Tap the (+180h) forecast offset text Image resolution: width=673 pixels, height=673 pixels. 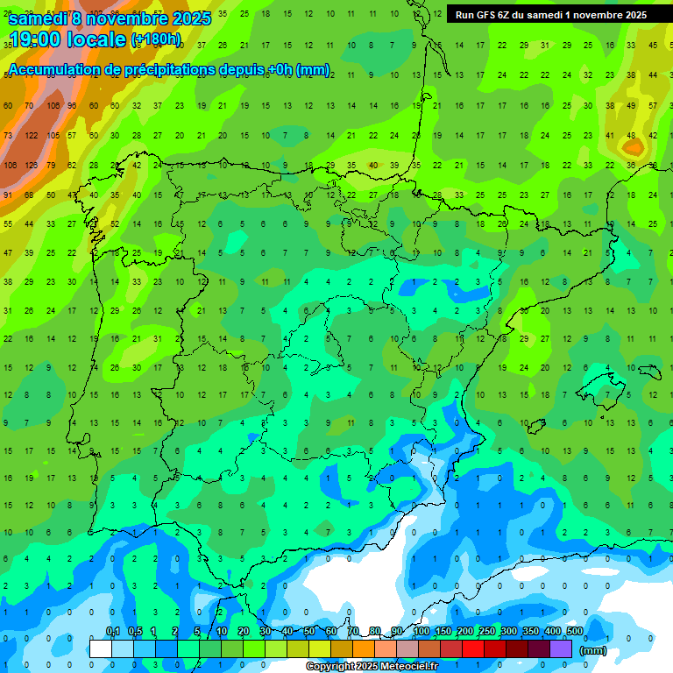(x=156, y=39)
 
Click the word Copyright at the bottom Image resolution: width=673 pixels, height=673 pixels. (x=332, y=667)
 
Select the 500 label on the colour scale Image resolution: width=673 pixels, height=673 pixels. (x=574, y=631)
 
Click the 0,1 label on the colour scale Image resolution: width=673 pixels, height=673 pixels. (x=113, y=631)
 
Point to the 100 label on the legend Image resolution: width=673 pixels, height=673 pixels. (x=422, y=631)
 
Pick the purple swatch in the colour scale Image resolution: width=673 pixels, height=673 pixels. (x=561, y=648)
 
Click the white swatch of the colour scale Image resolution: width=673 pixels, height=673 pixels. (x=101, y=648)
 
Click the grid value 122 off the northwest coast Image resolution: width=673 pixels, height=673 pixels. (x=32, y=135)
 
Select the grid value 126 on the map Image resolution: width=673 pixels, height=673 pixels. (x=32, y=165)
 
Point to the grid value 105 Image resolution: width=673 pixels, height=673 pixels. (x=53, y=135)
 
